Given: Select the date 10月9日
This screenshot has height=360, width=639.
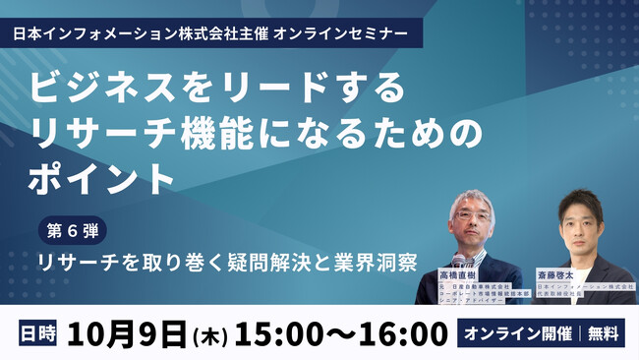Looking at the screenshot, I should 127,333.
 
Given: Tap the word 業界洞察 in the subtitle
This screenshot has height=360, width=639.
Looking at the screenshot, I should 378,265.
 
